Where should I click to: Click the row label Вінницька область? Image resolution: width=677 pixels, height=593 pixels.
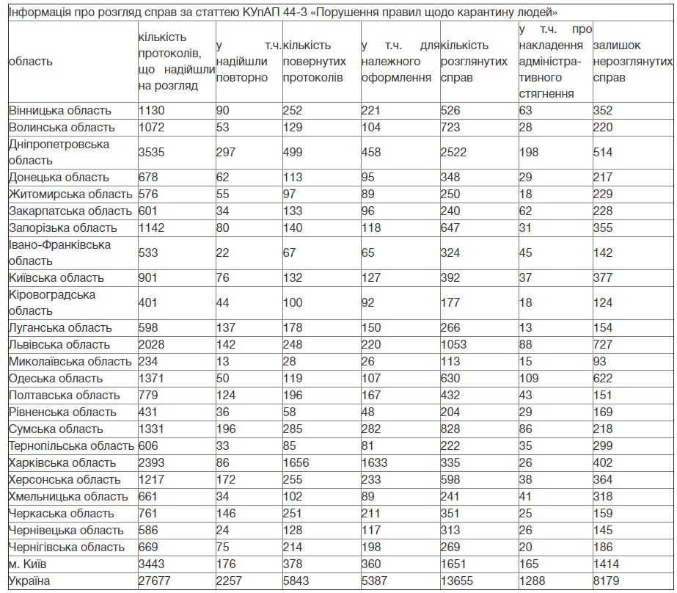coord(60,111)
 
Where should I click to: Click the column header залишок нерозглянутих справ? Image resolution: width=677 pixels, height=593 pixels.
coord(632,62)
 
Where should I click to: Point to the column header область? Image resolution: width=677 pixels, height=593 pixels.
coord(31,62)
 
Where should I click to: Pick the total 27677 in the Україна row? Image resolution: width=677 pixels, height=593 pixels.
coord(155,581)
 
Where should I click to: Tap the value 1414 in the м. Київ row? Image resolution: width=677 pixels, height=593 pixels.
coord(607,564)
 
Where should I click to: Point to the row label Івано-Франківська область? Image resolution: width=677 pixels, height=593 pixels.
coord(60,252)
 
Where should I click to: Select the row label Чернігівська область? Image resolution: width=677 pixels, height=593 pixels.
coord(67,547)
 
